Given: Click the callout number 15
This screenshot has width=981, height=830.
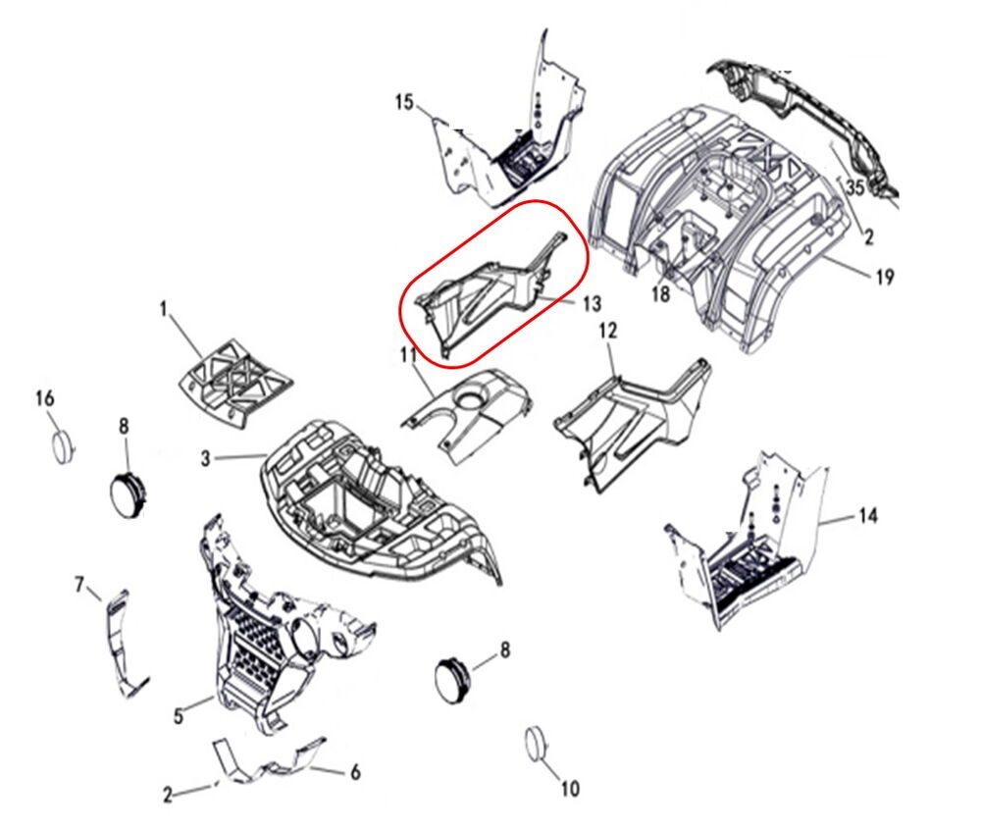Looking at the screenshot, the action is click(405, 101).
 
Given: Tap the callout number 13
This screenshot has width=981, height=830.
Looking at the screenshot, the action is click(592, 304).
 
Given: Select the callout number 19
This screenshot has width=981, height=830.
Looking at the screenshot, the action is click(884, 276).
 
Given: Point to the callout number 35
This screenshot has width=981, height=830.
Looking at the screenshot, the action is click(855, 186).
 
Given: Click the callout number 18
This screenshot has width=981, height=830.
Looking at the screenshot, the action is click(660, 293).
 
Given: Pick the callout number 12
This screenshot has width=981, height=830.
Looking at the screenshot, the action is click(608, 330).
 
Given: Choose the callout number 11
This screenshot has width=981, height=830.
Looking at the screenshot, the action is click(408, 355).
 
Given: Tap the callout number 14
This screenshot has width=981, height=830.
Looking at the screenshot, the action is click(868, 515).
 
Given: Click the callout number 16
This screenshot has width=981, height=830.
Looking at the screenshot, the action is click(44, 397).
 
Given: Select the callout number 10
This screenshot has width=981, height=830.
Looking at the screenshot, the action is click(569, 789).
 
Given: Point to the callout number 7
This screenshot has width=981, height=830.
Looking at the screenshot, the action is click(79, 585).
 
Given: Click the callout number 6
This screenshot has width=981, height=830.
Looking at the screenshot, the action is click(355, 772).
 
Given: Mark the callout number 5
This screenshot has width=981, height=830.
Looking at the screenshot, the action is click(179, 715).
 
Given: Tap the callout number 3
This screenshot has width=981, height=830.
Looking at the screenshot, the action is click(206, 459).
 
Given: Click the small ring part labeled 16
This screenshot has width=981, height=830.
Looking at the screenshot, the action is click(62, 447).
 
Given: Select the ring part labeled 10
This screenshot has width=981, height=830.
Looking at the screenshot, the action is click(534, 745).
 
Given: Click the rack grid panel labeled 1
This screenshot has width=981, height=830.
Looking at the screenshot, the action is click(235, 382).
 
